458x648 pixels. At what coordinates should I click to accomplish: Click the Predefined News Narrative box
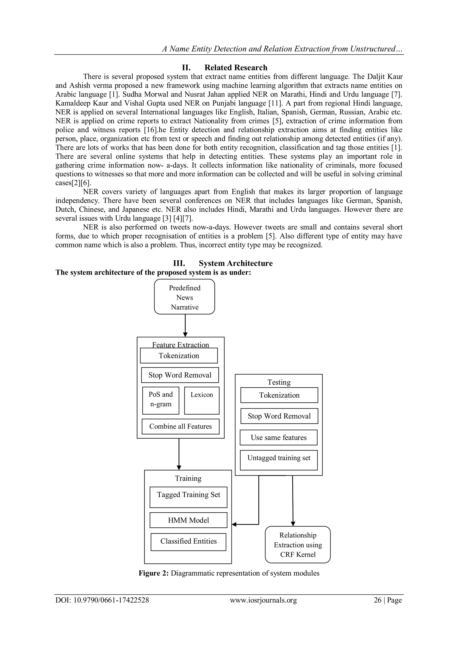tap(184, 297)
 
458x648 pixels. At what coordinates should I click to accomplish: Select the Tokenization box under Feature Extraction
tap(179, 356)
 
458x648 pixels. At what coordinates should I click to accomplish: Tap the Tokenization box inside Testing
tap(279, 395)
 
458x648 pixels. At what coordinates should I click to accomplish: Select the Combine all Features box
tap(180, 426)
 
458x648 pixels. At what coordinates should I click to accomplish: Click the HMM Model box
tap(188, 520)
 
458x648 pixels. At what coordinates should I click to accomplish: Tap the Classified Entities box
tap(188, 542)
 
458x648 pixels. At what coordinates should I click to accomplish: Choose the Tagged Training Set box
tap(188, 497)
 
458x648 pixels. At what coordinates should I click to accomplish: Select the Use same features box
tap(279, 437)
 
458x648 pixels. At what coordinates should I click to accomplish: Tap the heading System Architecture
tap(236, 263)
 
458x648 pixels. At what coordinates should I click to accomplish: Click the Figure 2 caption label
tap(153, 573)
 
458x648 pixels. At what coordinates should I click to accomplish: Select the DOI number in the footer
tap(111, 600)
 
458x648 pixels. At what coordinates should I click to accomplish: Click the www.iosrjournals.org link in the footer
tap(263, 600)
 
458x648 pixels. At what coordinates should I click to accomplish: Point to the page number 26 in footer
tap(378, 600)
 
